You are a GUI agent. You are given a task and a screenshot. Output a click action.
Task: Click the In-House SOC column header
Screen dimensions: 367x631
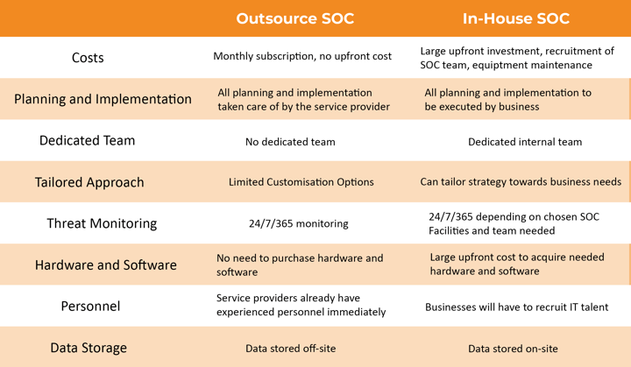pos(515,18)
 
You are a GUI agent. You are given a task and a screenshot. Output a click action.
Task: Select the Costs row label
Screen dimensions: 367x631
pos(87,58)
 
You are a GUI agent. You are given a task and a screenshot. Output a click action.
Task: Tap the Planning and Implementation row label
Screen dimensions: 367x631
pos(103,99)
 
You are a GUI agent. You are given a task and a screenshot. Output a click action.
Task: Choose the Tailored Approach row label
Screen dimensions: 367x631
pos(89,182)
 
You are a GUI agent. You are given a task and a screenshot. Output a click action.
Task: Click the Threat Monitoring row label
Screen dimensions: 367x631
pos(102,223)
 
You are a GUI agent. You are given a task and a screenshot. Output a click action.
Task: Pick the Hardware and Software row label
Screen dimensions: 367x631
pos(105,265)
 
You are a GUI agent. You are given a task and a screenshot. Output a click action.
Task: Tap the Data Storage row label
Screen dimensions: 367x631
pos(89,348)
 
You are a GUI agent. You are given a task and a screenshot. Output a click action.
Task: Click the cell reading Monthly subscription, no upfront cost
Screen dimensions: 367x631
pos(302,56)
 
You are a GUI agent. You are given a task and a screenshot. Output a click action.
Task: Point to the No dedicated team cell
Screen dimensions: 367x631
pos(289,141)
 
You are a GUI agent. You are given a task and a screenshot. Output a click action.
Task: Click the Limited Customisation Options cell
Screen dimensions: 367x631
pos(301,182)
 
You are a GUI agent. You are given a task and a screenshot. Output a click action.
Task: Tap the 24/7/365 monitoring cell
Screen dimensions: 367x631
pos(298,223)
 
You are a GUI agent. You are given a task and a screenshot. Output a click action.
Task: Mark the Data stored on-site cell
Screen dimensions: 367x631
pos(513,348)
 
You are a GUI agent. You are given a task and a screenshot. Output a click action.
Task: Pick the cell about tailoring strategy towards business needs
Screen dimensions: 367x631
pos(521,182)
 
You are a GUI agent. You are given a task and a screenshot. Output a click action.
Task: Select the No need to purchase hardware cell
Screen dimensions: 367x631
pos(300,265)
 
